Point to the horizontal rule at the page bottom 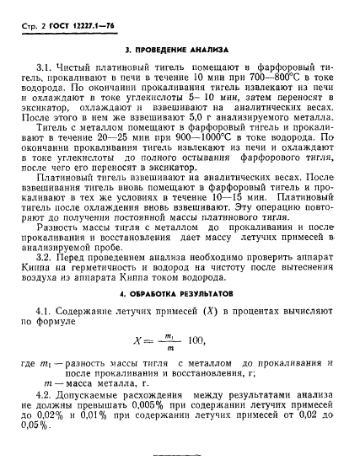[179, 456]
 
